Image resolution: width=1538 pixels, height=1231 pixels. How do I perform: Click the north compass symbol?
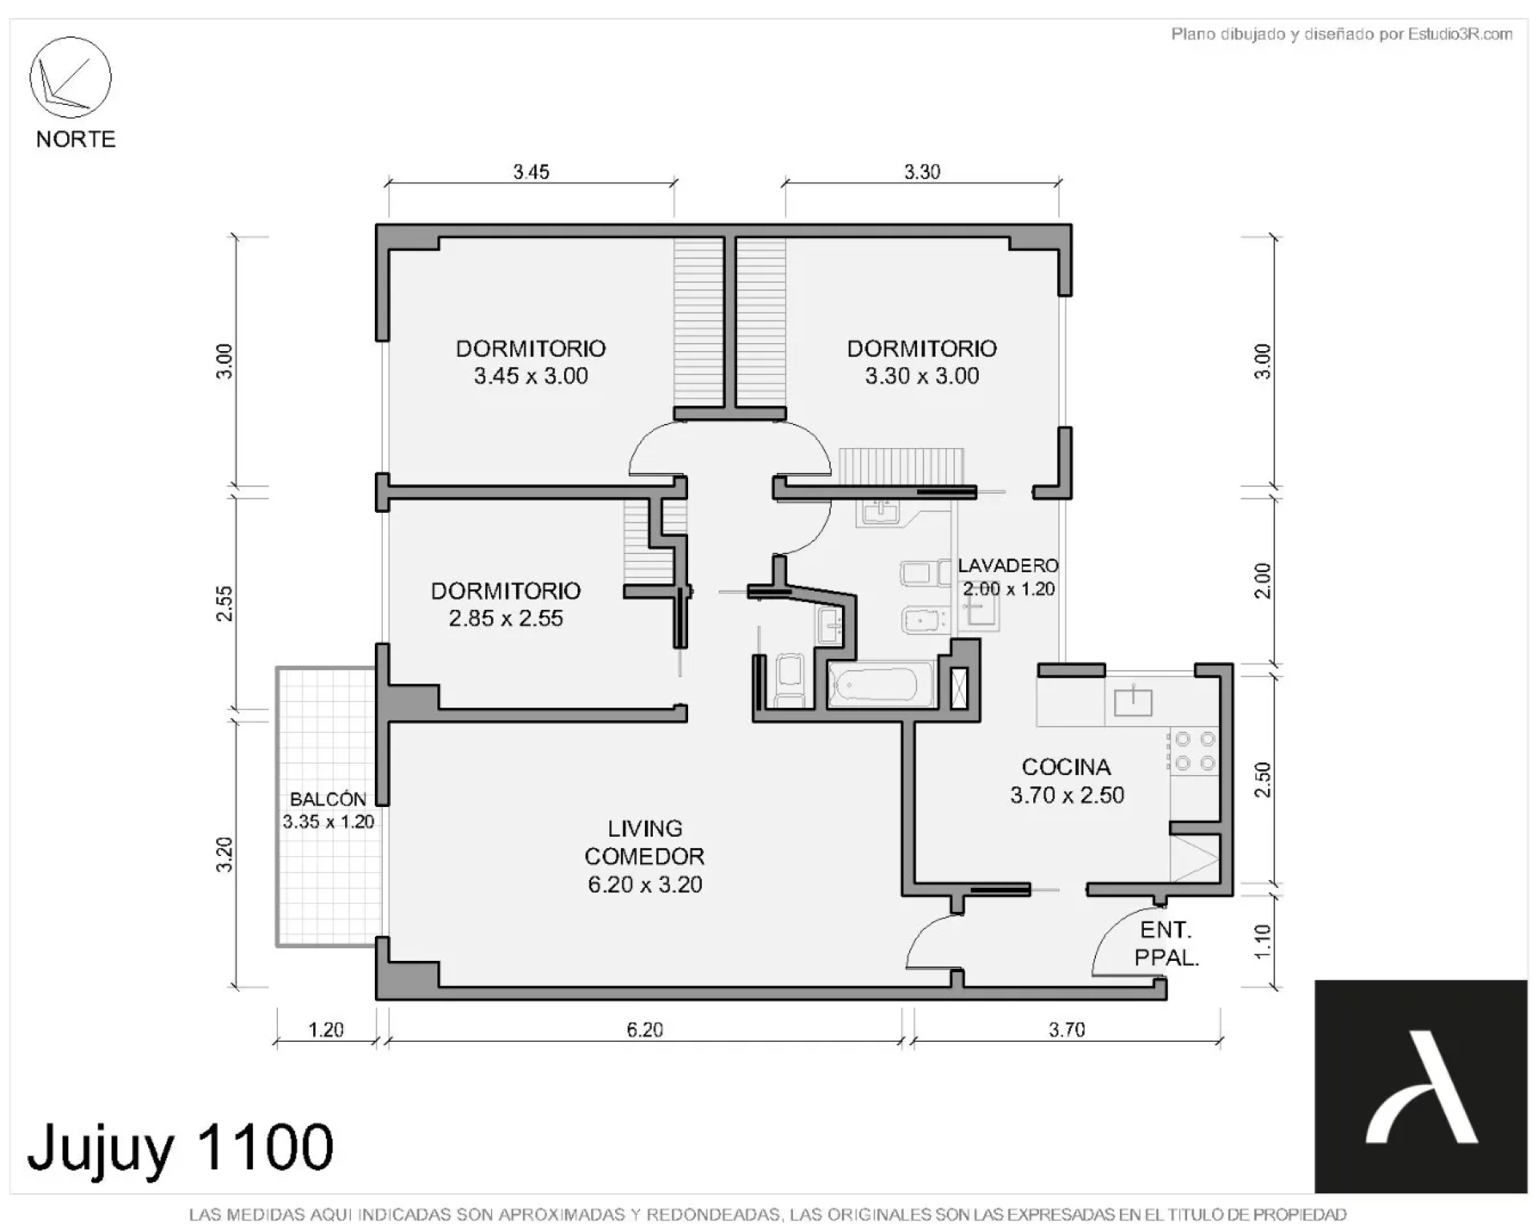70,77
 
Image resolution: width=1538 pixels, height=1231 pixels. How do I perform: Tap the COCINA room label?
1066,767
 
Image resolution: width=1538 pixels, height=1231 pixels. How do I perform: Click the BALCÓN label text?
328,798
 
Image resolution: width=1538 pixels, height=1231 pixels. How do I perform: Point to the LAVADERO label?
1008,565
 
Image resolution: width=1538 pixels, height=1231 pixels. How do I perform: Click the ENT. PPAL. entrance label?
1166,943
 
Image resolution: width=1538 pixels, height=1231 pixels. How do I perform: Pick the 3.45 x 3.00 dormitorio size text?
531,376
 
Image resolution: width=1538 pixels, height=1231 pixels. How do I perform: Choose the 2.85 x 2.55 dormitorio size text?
506,618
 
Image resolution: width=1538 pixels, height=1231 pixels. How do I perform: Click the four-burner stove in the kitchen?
1194,751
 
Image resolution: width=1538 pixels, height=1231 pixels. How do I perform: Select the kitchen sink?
1133,702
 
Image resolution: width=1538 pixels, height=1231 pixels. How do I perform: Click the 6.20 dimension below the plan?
645,1030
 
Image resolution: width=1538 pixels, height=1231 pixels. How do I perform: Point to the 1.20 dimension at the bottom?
326,1030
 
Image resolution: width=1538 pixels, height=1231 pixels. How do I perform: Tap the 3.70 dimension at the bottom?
1067,1030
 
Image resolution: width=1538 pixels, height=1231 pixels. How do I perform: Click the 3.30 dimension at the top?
922,172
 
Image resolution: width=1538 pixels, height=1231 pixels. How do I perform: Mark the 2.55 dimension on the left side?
225,603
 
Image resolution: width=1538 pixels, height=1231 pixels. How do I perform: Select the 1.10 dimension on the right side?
1262,941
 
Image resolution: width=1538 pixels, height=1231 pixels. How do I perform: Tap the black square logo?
1421,1087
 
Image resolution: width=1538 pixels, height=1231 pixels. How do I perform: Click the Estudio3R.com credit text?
1342,34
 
